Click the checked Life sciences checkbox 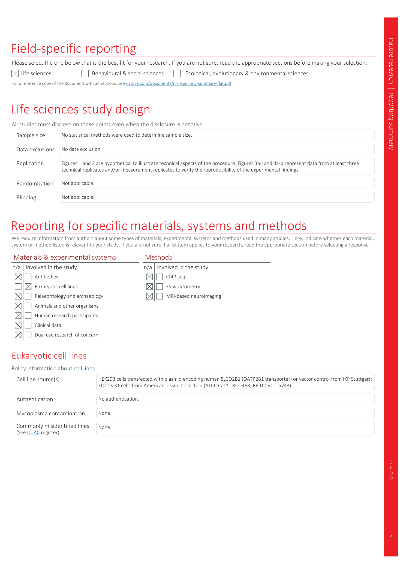pos(15,74)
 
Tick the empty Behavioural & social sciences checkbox pos(85,74)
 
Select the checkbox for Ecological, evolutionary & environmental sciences pos(177,74)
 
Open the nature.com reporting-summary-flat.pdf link pos(178,83)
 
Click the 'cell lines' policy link pos(84,368)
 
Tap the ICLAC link pos(33,432)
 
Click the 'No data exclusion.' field pos(217,149)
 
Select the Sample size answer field pos(217,135)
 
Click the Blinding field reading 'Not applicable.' pos(217,197)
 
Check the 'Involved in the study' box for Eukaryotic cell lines pos(28,287)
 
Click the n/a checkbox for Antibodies pos(18,277)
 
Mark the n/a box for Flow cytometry pos(149,287)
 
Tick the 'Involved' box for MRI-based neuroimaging pos(160,296)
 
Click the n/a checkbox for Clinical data pos(18,325)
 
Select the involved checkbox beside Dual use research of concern pos(28,335)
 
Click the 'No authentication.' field pos(235,399)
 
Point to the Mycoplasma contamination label pos(51,413)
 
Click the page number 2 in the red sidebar pos(391,535)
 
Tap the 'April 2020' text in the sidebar pos(391,470)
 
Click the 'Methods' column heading pos(158,257)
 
